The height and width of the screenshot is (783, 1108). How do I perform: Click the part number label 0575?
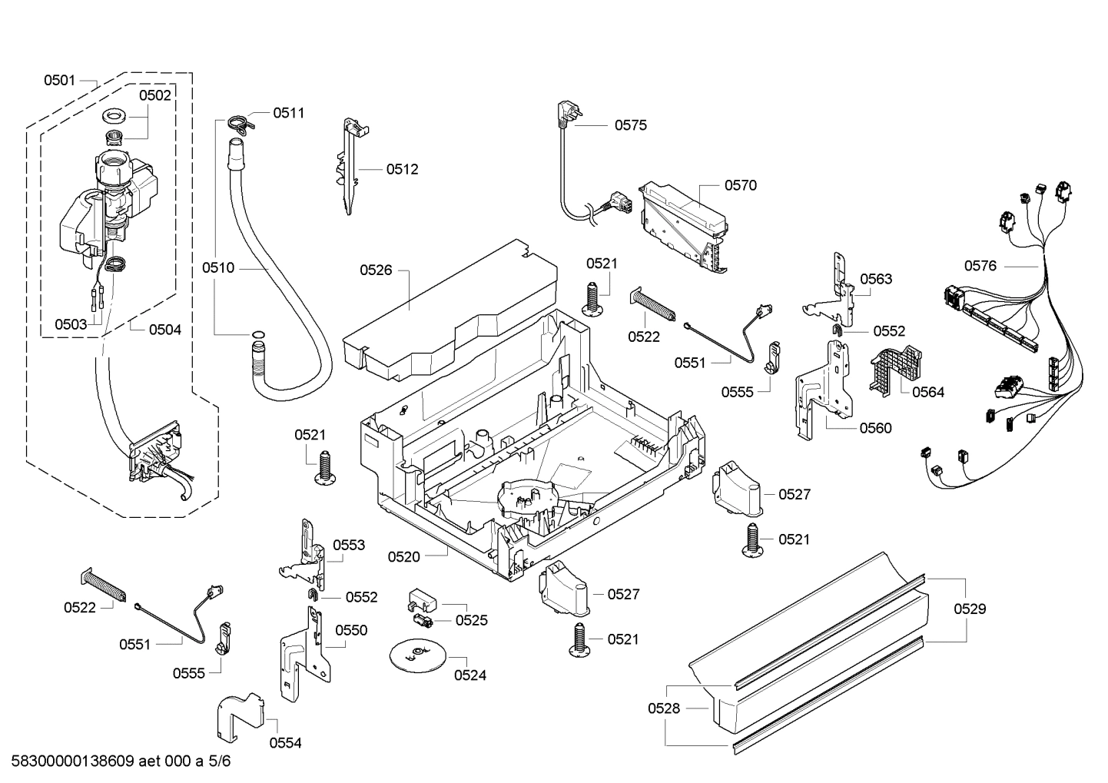630,125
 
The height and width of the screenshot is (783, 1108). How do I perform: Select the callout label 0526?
376,270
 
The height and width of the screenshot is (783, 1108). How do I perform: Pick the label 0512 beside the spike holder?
402,169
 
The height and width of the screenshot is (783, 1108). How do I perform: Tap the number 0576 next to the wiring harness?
980,266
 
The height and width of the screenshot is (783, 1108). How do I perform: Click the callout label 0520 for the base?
403,556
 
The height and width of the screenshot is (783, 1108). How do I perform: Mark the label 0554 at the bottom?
285,743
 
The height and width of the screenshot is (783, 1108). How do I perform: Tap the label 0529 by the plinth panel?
970,609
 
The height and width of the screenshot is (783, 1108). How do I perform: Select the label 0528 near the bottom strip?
664,708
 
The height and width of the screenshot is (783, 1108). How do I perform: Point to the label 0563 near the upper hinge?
876,279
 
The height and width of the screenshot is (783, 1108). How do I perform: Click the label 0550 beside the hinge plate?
351,630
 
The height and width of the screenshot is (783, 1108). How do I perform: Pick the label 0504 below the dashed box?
165,330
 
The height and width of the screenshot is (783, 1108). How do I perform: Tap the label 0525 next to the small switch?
471,620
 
